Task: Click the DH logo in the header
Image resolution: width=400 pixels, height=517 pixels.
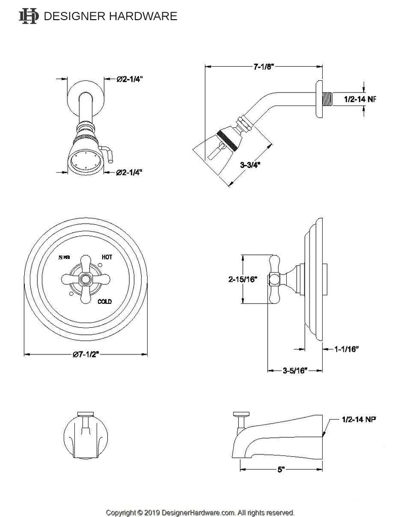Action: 28,16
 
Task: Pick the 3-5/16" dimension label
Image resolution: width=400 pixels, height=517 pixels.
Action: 295,371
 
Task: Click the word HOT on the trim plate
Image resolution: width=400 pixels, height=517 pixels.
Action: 107,257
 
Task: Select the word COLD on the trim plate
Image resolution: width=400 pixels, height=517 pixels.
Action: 105,301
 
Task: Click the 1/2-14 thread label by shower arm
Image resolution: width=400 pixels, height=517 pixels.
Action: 360,99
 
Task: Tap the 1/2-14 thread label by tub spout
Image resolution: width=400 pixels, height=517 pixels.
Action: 360,419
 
